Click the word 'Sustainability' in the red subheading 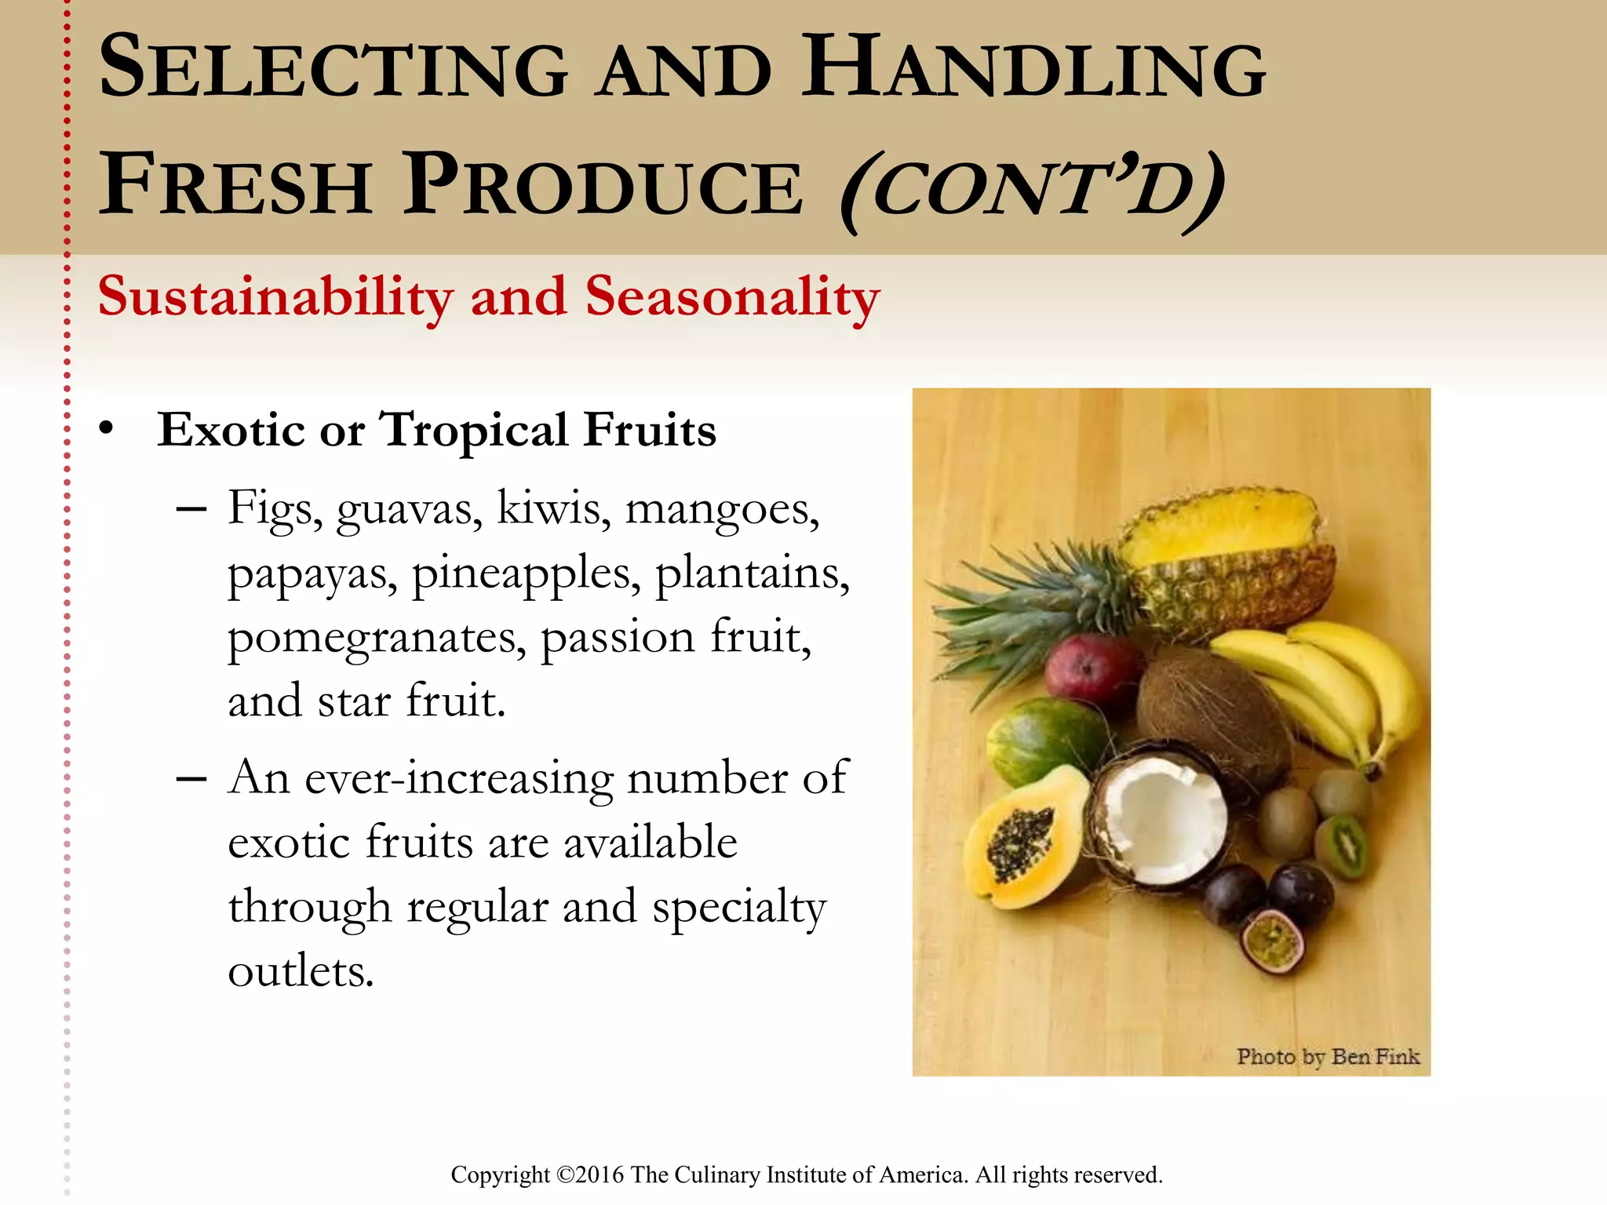275,298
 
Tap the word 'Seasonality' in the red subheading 732,298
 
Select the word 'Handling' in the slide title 1033,69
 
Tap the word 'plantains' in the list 752,573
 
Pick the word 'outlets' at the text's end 301,972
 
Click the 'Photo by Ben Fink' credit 1328,1057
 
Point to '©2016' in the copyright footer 590,1175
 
